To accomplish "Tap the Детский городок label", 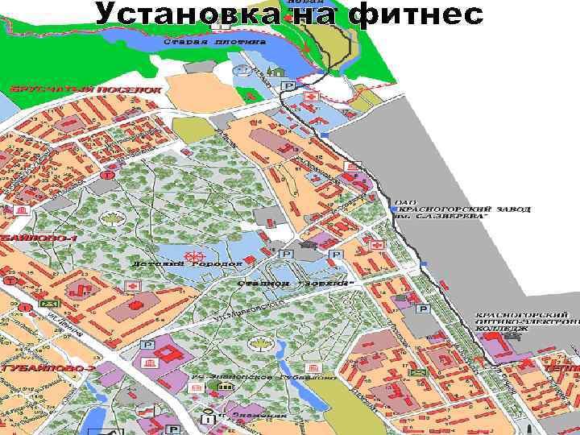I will [187, 263].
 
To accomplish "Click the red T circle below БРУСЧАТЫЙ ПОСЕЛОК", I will [106, 174].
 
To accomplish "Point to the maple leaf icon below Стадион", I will [259, 345].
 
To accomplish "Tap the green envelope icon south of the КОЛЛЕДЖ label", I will [417, 373].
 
